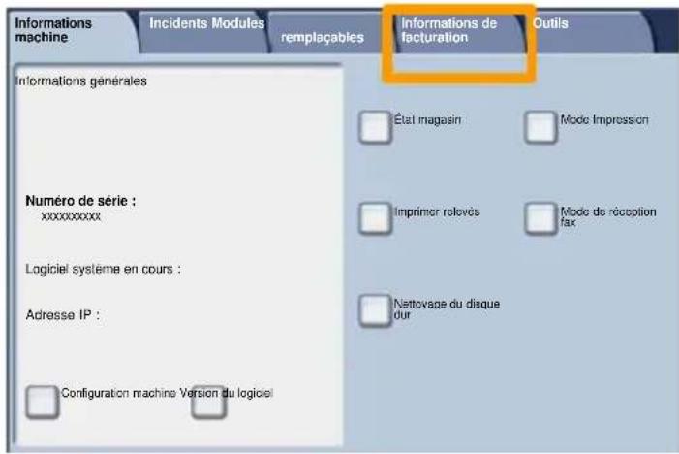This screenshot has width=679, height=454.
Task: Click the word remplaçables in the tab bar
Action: click(323, 38)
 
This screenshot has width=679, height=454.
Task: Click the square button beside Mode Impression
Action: click(540, 127)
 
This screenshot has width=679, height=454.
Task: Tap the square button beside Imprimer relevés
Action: click(375, 218)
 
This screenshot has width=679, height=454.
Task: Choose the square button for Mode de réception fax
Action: click(540, 218)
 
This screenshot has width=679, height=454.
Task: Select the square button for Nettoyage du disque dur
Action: click(375, 310)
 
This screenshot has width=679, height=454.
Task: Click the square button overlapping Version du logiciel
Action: click(208, 403)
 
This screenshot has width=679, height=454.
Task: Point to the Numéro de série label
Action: click(80, 201)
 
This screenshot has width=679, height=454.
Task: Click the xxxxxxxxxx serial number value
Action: click(71, 216)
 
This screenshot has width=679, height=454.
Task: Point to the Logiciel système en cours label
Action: click(103, 270)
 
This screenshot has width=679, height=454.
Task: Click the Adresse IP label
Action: click(63, 315)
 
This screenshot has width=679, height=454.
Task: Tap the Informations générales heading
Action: click(81, 81)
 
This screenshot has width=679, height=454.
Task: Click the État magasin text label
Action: click(427, 119)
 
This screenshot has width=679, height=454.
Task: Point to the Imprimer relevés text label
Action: click(437, 212)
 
